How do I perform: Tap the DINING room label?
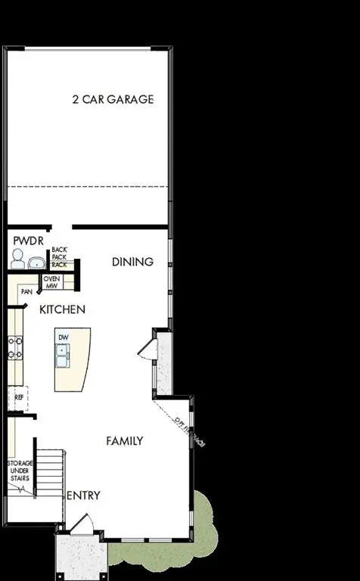pos(132,262)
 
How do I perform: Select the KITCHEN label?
pos(62,309)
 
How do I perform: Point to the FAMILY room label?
pos(125,440)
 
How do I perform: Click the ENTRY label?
pos(83,496)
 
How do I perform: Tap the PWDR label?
pos(28,241)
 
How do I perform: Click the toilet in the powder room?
pos(17,261)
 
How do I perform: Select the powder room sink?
pos(36,263)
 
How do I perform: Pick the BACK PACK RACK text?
pos(60,258)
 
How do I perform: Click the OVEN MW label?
pos(51,282)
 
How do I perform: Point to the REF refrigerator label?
pos(19,396)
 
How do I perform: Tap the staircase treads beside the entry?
pos(49,473)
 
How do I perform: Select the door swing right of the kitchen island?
pos(147,347)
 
